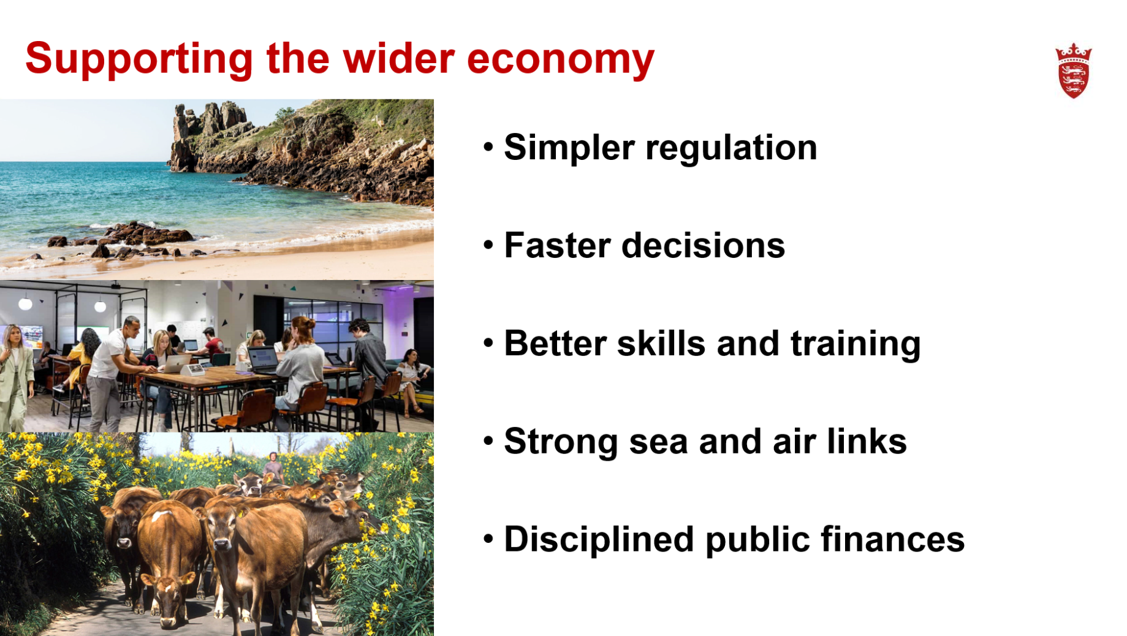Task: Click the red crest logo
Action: point(1073,70)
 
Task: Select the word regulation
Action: point(731,149)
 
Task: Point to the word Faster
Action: point(557,246)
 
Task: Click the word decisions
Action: point(703,246)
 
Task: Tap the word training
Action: point(856,344)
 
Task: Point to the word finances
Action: point(892,539)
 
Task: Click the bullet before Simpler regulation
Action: point(488,147)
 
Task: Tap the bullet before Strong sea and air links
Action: point(488,441)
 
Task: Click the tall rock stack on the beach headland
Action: point(181,138)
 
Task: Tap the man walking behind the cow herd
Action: point(273,468)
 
